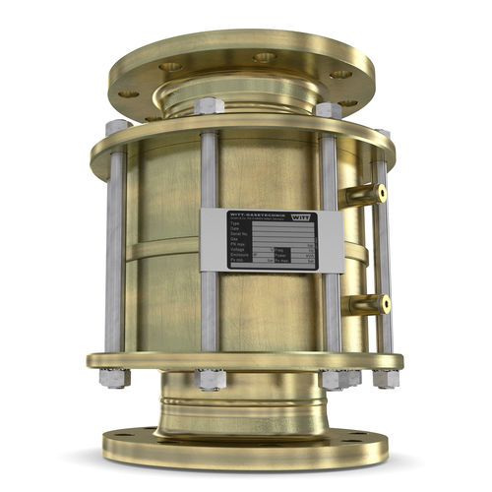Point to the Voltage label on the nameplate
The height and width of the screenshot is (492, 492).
click(x=237, y=251)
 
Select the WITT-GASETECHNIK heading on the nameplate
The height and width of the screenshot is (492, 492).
click(x=251, y=214)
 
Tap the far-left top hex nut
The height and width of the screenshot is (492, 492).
click(x=117, y=128)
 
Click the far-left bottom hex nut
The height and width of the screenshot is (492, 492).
click(x=114, y=377)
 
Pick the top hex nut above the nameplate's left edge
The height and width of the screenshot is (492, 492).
click(x=210, y=106)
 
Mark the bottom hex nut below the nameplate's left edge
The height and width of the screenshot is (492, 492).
click(x=210, y=379)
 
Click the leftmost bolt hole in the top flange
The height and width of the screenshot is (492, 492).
click(x=129, y=93)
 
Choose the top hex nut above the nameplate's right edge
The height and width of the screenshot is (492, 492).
click(x=328, y=111)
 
